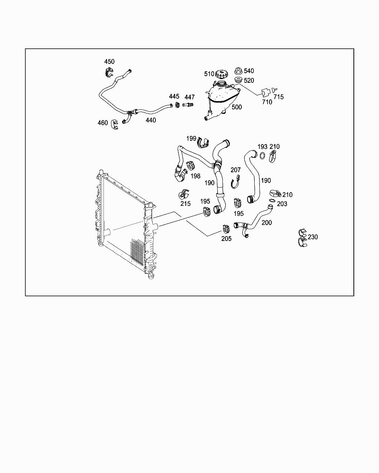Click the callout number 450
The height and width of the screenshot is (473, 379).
[109, 62]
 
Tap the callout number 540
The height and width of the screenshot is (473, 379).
[249, 71]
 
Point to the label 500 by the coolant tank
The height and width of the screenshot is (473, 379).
[237, 107]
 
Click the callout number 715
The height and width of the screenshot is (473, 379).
[278, 97]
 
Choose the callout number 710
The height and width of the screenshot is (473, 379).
[267, 102]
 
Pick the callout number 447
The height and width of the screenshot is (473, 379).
[189, 97]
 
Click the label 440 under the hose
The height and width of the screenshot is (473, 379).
[151, 120]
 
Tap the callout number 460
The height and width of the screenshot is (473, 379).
[103, 123]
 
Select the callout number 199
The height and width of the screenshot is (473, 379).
[191, 139]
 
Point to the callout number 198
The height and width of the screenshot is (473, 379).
[195, 176]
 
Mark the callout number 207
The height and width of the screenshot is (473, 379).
[235, 170]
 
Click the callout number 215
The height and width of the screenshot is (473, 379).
[185, 204]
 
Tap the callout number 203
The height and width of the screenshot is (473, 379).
[282, 204]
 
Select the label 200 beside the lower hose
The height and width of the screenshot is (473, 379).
[266, 222]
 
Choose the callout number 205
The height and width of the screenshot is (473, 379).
[226, 239]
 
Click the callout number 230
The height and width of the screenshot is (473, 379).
[313, 237]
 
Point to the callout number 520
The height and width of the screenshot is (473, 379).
[249, 81]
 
